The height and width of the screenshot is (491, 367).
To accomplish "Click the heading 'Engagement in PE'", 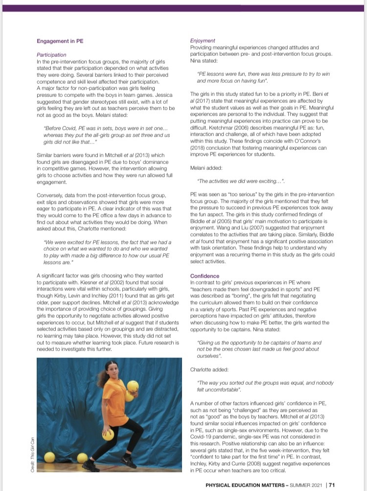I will (x=60, y=41).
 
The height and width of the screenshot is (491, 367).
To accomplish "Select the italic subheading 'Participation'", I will (x=51, y=55).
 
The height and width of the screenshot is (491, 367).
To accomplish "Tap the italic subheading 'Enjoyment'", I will (x=202, y=41).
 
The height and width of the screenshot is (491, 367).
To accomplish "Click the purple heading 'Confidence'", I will (x=205, y=276).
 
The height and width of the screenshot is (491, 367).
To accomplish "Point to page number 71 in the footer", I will (x=331, y=485).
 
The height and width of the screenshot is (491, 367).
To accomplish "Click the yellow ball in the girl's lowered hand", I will (x=108, y=434).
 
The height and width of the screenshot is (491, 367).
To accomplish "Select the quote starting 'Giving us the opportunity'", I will (x=258, y=349).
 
